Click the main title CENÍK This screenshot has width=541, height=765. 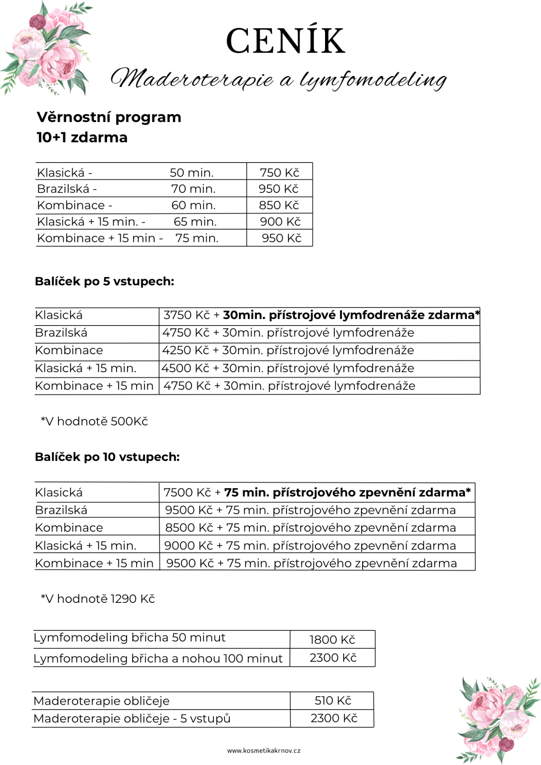point(285,41)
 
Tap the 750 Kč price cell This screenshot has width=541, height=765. point(279,173)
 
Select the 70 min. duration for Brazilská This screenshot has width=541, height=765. point(193,189)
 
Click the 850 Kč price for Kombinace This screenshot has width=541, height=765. point(279,205)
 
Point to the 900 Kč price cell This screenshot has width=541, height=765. point(280,222)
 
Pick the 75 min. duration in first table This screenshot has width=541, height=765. point(197,238)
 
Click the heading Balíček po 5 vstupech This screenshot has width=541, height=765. point(104,281)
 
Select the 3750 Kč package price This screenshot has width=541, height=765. point(186,315)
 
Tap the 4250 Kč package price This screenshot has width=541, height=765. point(186,350)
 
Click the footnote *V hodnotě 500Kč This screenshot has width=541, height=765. point(94,421)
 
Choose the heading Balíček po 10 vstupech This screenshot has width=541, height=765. point(107,457)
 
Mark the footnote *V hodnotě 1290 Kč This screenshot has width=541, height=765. point(98,598)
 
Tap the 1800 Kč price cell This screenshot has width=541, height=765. point(332,639)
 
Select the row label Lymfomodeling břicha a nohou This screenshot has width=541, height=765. point(158,658)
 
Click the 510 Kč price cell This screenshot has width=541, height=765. point(333,700)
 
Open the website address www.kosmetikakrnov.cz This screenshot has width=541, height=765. point(264,751)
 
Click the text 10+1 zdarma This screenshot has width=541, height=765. point(82,137)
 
